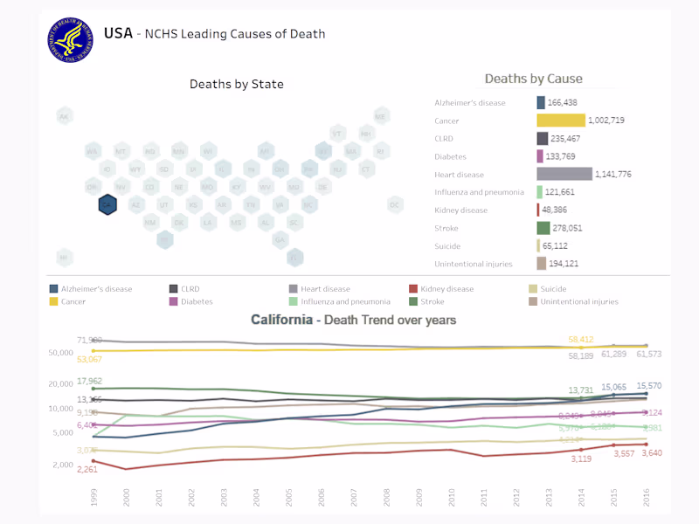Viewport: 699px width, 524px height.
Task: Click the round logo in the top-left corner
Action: (71, 39)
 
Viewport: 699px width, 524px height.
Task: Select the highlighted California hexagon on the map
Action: (107, 204)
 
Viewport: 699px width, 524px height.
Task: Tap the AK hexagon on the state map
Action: (64, 116)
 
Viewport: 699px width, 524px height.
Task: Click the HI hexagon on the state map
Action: (64, 258)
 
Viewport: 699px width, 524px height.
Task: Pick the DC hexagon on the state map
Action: (395, 204)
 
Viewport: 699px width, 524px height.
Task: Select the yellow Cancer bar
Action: (561, 121)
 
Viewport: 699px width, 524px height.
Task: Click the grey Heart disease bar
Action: (564, 174)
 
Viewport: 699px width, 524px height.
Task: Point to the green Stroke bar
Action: (543, 228)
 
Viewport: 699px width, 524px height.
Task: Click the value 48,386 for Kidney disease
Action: (560, 210)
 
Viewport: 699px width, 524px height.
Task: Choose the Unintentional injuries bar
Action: (542, 264)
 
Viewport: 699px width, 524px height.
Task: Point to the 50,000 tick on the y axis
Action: (60, 353)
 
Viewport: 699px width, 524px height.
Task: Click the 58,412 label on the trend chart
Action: (581, 340)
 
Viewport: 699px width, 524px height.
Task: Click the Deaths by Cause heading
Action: (533, 79)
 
